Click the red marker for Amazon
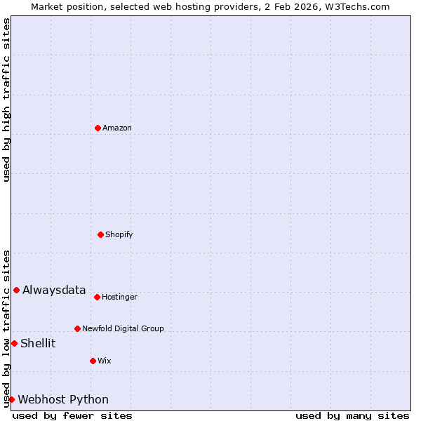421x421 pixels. pyautogui.click(x=98, y=128)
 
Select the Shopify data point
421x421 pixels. pyautogui.click(x=100, y=234)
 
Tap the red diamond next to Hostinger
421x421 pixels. pyautogui.click(x=97, y=297)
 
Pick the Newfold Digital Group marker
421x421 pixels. pyautogui.click(x=77, y=328)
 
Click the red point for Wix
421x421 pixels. pyautogui.click(x=93, y=361)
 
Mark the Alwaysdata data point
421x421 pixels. pyautogui.click(x=16, y=290)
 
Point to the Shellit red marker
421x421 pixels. pyautogui.click(x=14, y=343)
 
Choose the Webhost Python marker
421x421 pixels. pyautogui.click(x=11, y=399)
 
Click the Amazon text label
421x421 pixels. pyautogui.click(x=117, y=128)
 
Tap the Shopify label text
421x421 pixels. pyautogui.click(x=119, y=234)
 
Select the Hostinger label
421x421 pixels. pyautogui.click(x=119, y=297)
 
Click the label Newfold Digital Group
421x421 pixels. pyautogui.click(x=123, y=328)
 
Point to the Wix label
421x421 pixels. pyautogui.click(x=105, y=361)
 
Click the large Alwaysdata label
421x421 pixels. pyautogui.click(x=54, y=290)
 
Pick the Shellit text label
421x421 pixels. pyautogui.click(x=38, y=343)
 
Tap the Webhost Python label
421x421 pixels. pyautogui.click(x=63, y=399)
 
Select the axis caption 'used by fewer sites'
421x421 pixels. pyautogui.click(x=72, y=415)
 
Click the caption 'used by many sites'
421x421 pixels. pyautogui.click(x=352, y=415)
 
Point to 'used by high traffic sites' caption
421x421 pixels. pyautogui.click(x=6, y=100)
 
